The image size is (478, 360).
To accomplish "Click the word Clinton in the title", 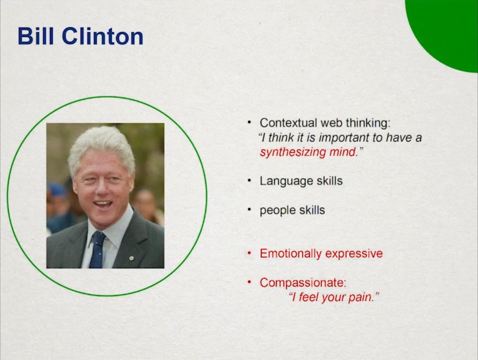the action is click(102, 36).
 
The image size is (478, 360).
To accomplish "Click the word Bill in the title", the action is click(36, 36).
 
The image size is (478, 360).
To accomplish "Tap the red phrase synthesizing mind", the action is click(307, 152).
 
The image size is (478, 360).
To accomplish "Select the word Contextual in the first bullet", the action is click(288, 123).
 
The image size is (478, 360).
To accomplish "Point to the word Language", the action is click(286, 181).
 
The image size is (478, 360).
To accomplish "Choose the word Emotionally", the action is click(291, 254).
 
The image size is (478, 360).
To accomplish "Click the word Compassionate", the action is click(303, 282).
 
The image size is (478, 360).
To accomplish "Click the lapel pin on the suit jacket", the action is click(131, 259).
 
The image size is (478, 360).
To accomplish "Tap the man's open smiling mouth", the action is click(102, 205).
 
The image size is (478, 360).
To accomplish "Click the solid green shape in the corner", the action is click(444, 33).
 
